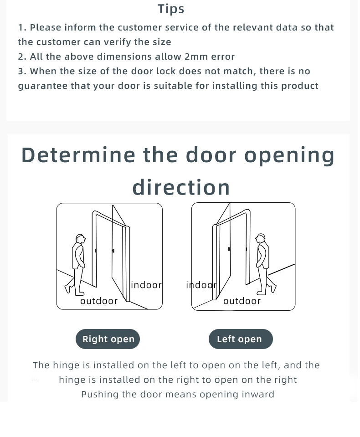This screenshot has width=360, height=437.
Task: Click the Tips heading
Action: [171, 9]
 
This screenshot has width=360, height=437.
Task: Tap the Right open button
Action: [108, 339]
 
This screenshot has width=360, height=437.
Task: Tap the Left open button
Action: [241, 339]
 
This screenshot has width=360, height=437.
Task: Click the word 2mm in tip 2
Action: [196, 57]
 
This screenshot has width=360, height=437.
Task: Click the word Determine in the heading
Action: [78, 155]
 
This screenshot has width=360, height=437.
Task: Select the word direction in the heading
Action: [181, 187]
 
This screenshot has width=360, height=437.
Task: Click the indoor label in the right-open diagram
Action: [146, 285]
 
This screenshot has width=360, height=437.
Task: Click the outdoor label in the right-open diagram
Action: [99, 301]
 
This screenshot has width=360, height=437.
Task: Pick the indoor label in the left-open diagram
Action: [201, 285]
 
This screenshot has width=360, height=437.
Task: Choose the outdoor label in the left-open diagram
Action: [242, 301]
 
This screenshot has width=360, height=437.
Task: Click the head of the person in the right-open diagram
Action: [81, 239]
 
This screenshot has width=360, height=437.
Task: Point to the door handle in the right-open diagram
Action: [113, 251]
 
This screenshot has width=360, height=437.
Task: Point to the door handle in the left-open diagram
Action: [229, 249]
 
